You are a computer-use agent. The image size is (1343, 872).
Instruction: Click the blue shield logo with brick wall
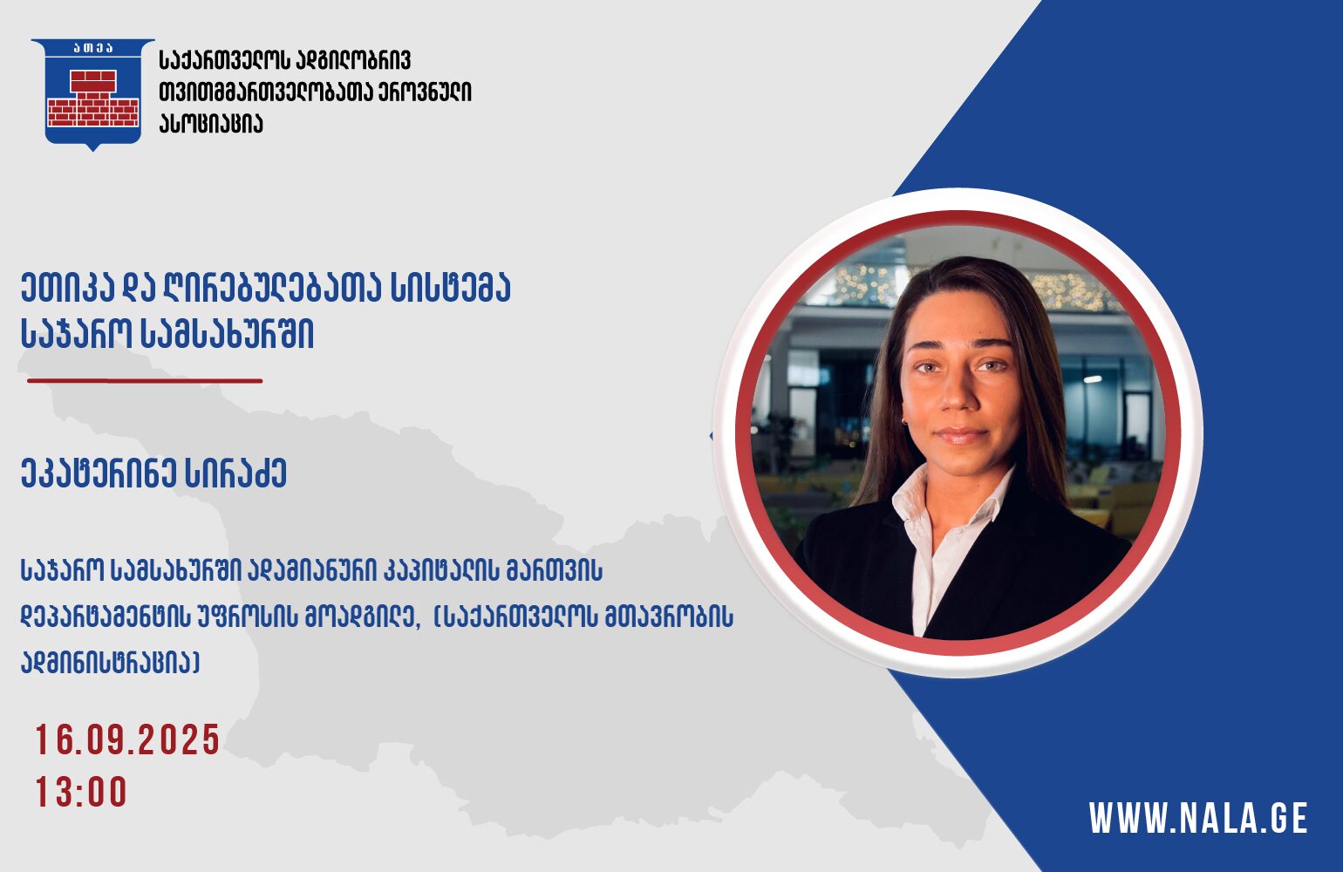click(x=93, y=93)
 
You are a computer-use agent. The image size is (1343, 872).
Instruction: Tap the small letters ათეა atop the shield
click(x=93, y=49)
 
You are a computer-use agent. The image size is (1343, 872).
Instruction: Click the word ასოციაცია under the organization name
click(x=211, y=123)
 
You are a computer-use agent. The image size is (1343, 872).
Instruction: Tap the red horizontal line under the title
click(x=145, y=380)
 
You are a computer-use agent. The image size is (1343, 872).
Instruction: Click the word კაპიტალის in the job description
click(x=440, y=570)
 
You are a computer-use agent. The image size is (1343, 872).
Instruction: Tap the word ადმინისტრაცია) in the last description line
click(x=110, y=663)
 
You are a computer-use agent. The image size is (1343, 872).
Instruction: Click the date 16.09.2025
click(x=127, y=739)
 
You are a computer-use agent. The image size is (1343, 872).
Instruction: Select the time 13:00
click(x=81, y=792)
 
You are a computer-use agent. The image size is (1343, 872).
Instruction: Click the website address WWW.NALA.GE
click(x=1198, y=818)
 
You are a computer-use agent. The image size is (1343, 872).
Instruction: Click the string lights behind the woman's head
click(x=971, y=288)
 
